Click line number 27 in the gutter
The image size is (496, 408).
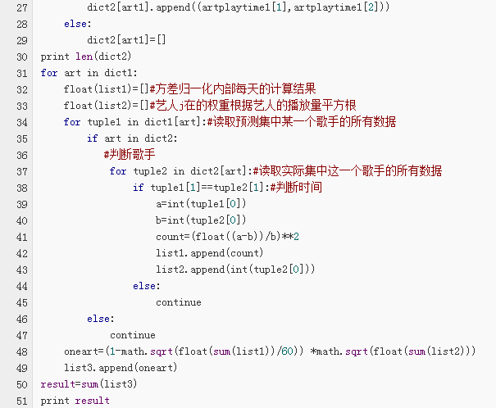tap(22, 7)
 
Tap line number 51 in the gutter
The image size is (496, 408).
tap(22, 401)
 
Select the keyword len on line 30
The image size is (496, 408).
tap(84, 57)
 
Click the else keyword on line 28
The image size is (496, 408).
tap(76, 24)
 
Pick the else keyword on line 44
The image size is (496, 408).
tap(145, 286)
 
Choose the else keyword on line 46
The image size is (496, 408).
tap(99, 319)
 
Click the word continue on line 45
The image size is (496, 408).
tap(179, 302)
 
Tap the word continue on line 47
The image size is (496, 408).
tap(133, 335)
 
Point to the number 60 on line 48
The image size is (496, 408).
tap(287, 351)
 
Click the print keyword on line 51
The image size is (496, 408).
tap(55, 401)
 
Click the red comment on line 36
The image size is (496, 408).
tap(130, 155)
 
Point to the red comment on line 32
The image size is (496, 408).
tap(233, 88)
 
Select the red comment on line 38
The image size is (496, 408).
tap(296, 187)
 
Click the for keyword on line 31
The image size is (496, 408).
tap(49, 73)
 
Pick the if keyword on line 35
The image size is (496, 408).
tap(93, 138)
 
